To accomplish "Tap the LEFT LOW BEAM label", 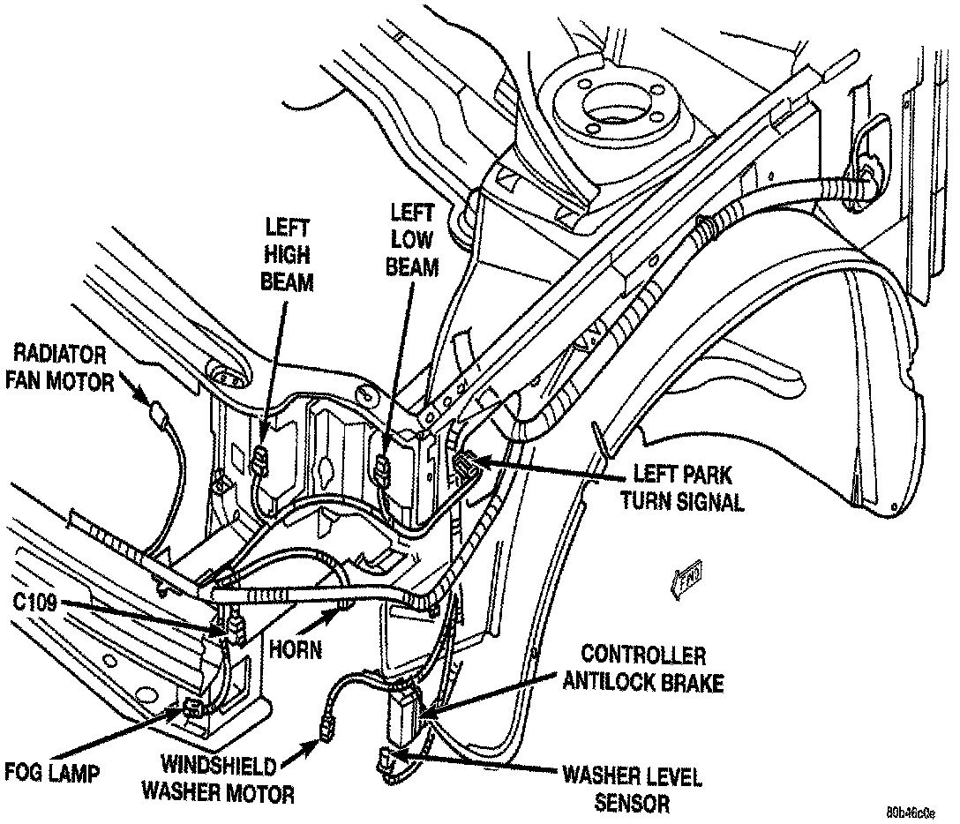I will (412, 239).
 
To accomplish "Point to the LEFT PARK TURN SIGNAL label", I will (681, 487).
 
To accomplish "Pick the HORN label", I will (296, 650).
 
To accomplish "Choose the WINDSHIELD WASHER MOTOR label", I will (228, 778).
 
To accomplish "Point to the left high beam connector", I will (262, 459).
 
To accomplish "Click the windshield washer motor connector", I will (330, 729).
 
